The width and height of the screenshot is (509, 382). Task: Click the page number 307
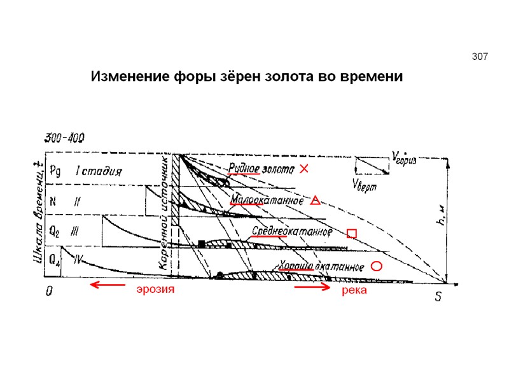click(480, 57)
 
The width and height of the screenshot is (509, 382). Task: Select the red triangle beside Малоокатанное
click(315, 201)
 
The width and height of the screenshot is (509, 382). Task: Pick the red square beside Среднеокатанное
click(352, 234)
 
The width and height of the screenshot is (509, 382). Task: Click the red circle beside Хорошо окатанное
click(376, 266)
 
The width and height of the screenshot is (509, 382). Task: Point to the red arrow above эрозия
click(108, 285)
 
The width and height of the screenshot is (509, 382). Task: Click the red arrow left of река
click(312, 288)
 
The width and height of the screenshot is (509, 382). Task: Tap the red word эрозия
click(155, 290)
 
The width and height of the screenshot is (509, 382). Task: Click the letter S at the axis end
click(438, 298)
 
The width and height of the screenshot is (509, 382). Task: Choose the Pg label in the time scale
click(55, 171)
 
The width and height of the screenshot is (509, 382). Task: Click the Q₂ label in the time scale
click(55, 232)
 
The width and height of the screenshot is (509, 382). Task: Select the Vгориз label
click(404, 157)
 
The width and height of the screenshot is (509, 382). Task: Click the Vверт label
click(366, 184)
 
